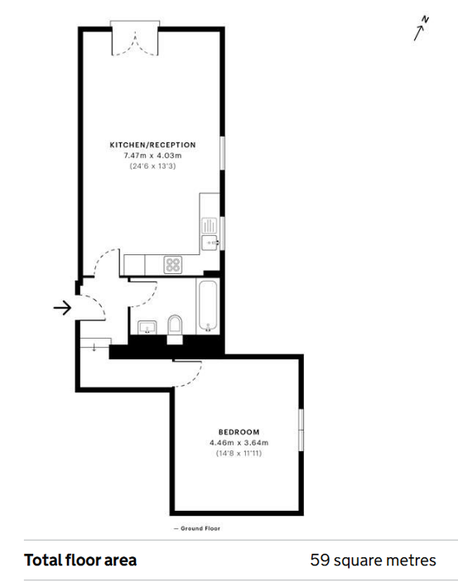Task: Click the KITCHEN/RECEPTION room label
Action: (152, 145)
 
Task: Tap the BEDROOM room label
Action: (239, 432)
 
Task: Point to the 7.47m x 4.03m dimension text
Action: (152, 156)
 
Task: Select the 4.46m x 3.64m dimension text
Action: (239, 442)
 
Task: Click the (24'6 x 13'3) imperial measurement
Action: (152, 166)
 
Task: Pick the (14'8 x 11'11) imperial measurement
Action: (239, 454)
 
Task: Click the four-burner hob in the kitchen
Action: (173, 265)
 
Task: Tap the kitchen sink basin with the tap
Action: (210, 243)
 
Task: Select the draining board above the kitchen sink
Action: (210, 226)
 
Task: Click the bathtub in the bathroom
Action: (208, 306)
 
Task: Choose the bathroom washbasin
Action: (147, 327)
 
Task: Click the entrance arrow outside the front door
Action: (62, 308)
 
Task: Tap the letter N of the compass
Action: (425, 19)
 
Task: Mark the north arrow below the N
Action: (419, 33)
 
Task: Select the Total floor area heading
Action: (80, 560)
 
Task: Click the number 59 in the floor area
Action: (320, 560)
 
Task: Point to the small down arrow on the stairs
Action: (94, 347)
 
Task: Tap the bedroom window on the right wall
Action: (301, 430)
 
